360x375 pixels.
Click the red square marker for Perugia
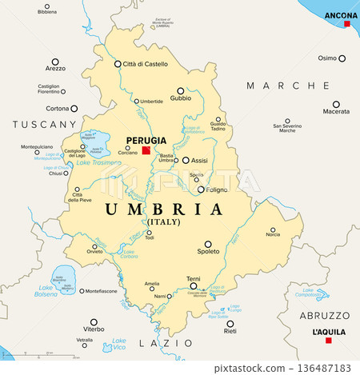(x=146, y=150)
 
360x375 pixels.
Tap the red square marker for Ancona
(x=347, y=24)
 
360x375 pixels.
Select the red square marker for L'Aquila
(x=328, y=341)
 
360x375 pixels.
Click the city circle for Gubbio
(x=181, y=90)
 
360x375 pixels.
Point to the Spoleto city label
(x=208, y=253)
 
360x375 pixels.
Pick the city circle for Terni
(x=193, y=287)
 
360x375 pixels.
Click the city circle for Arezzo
(x=55, y=59)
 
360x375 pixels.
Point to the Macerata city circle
(x=336, y=104)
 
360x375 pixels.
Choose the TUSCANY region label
(x=44, y=125)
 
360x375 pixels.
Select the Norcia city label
(x=273, y=234)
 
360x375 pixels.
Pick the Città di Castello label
(x=146, y=64)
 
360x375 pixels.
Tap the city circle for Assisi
(x=186, y=160)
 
